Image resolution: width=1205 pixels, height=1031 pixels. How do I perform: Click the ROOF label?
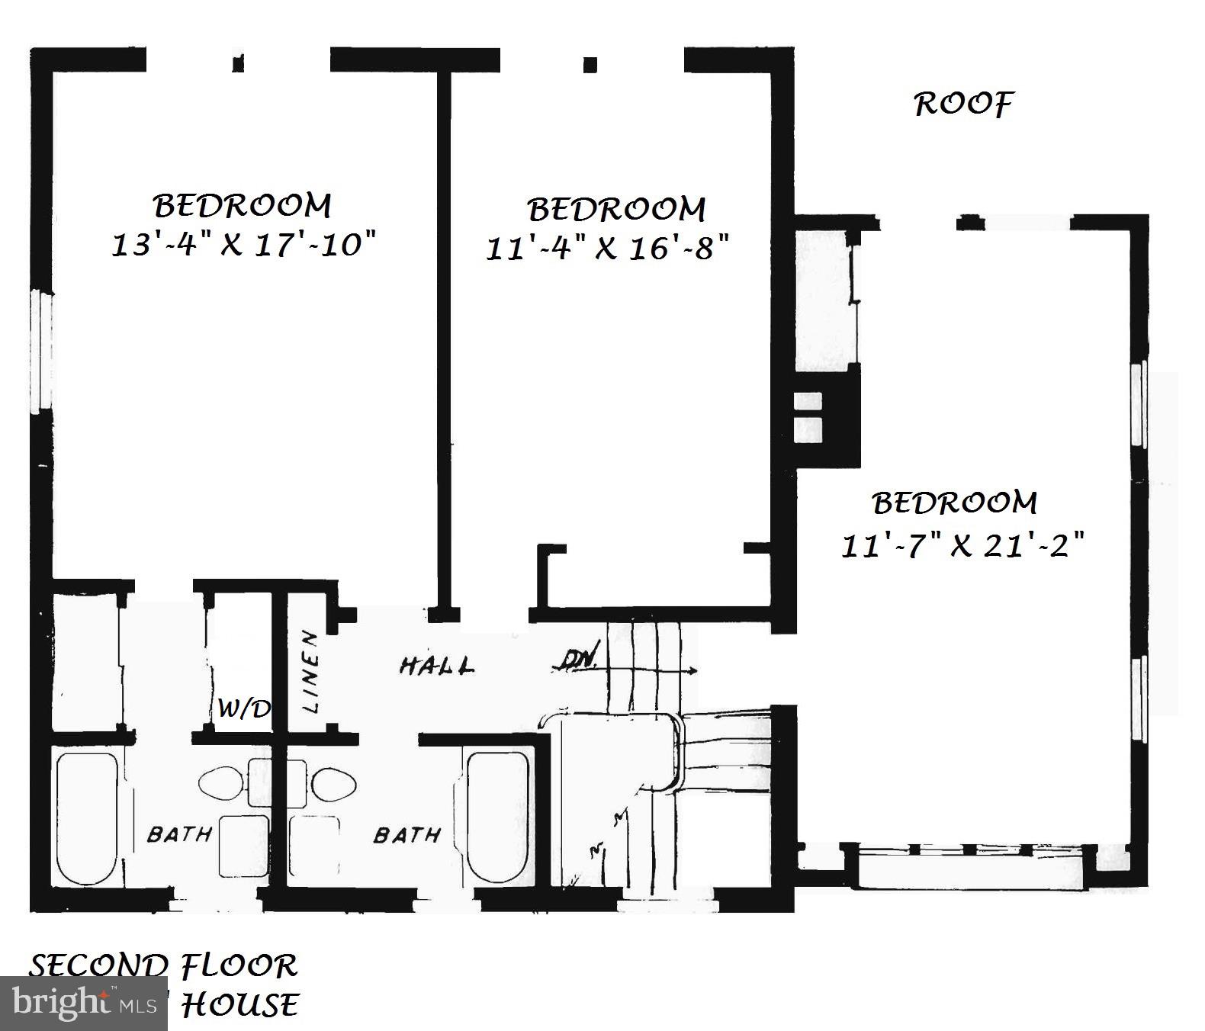tap(963, 104)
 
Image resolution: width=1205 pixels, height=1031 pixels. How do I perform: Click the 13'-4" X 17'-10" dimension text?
tap(243, 246)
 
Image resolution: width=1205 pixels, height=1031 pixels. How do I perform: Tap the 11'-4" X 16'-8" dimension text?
tap(607, 249)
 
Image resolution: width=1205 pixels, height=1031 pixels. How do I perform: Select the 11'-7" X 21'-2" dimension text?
tap(962, 546)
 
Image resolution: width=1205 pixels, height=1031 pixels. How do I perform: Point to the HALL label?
tap(436, 666)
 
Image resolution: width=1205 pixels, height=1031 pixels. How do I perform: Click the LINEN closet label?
tap(310, 671)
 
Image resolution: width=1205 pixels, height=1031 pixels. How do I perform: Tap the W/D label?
tap(243, 709)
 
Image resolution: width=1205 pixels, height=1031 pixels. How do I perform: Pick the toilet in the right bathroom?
tap(335, 783)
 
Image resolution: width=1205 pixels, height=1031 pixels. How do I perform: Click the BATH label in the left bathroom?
tap(178, 834)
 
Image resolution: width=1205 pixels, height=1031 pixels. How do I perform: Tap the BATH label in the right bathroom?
tap(406, 836)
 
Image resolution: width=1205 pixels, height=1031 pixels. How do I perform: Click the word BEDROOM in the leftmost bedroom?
tap(243, 206)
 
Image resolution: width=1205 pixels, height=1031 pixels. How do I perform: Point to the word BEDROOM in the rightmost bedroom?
tap(954, 503)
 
